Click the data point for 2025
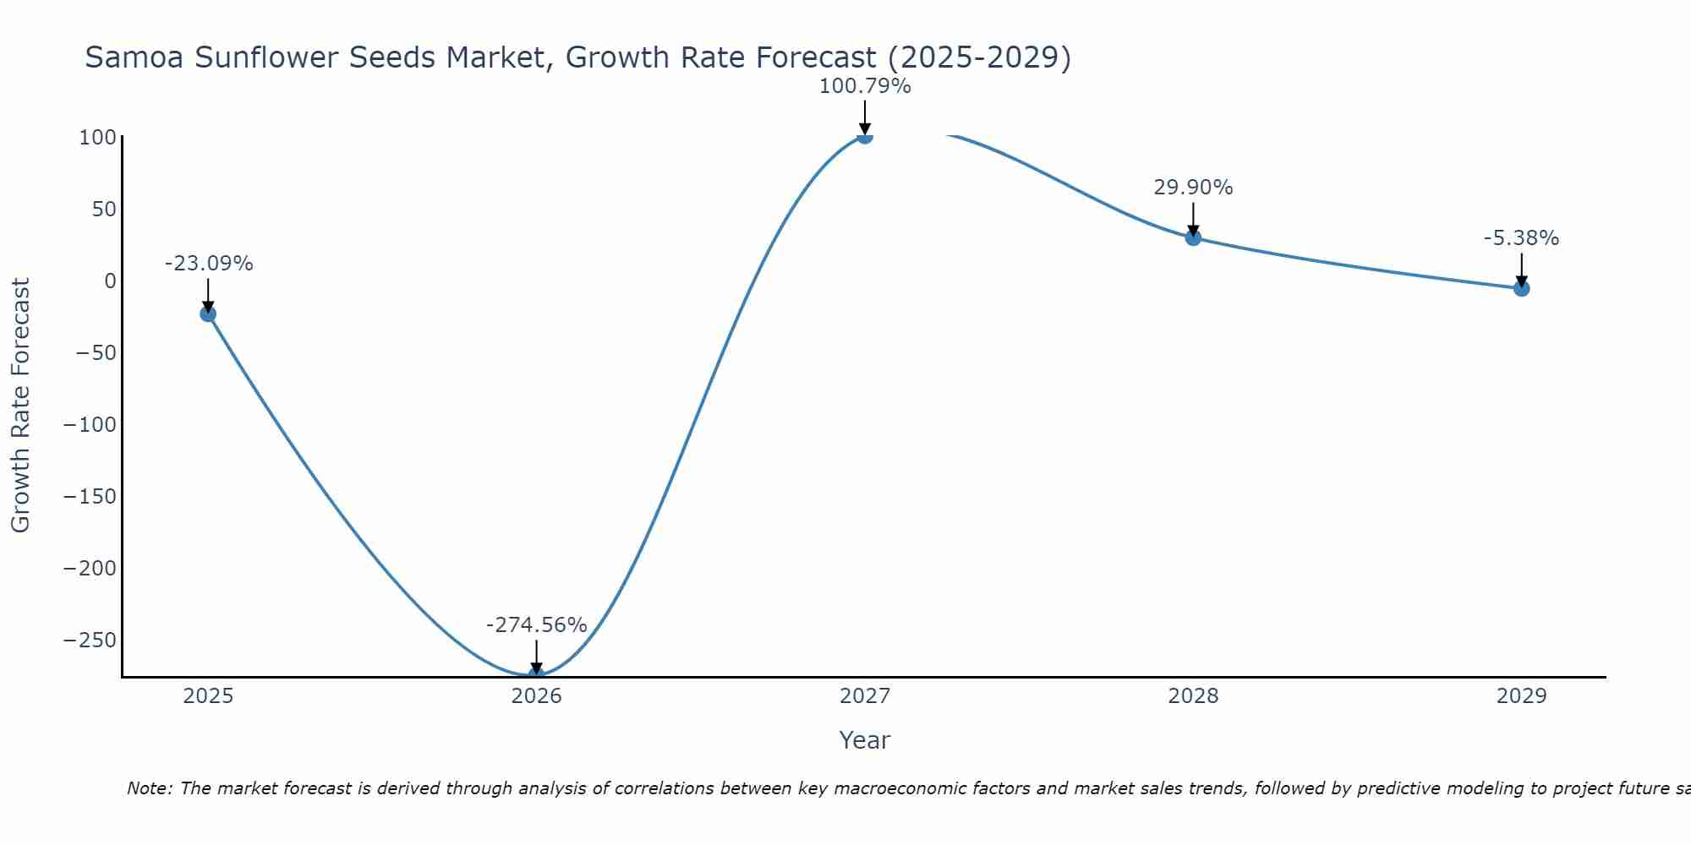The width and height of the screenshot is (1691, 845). coord(208,314)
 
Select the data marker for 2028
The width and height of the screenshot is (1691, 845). coord(1193,237)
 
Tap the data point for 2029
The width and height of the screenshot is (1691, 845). coord(1521,288)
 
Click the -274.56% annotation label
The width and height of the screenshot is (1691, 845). coord(536,625)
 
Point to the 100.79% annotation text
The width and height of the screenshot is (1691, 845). coord(864,86)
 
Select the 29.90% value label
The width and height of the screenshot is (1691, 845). coord(1193,188)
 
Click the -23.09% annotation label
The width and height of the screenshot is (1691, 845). coord(208,264)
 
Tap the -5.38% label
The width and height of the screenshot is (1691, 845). coord(1521,238)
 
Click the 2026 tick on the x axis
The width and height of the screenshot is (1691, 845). coord(536,696)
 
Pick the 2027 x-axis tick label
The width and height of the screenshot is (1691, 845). coord(864,696)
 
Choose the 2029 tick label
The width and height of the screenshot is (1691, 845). coord(1521,696)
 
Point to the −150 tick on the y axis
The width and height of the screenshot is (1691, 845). coord(90,496)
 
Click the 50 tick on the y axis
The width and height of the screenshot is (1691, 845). coord(103,209)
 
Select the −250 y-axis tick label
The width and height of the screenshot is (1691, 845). coord(90,640)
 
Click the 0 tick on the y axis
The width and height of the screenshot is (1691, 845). coord(110,281)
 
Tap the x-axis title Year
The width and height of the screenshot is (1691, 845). coord(864,740)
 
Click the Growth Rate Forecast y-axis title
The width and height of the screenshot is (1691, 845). coord(20,406)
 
